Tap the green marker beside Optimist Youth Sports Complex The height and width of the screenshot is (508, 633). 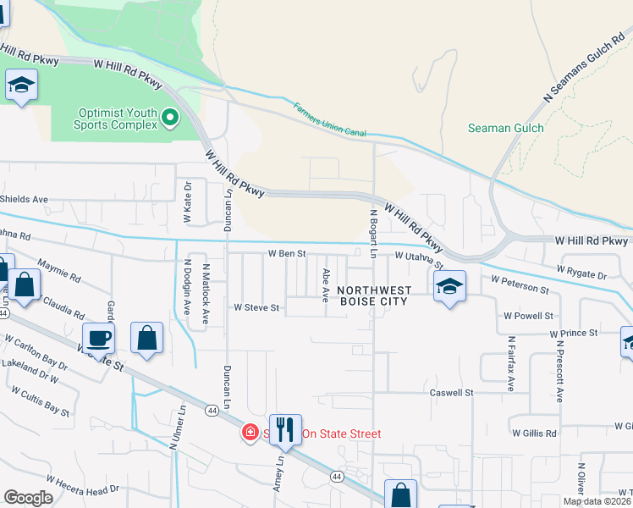(171, 118)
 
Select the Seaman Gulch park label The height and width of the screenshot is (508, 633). (505, 128)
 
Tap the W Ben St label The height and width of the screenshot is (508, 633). (286, 253)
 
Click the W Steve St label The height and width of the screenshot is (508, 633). (256, 307)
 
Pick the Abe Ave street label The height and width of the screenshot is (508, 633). (326, 285)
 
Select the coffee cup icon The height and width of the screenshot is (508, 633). (98, 339)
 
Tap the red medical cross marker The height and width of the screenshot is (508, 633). (250, 433)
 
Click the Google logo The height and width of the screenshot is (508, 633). (28, 497)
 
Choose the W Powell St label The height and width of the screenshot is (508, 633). (527, 315)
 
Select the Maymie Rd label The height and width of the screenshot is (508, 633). (59, 271)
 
